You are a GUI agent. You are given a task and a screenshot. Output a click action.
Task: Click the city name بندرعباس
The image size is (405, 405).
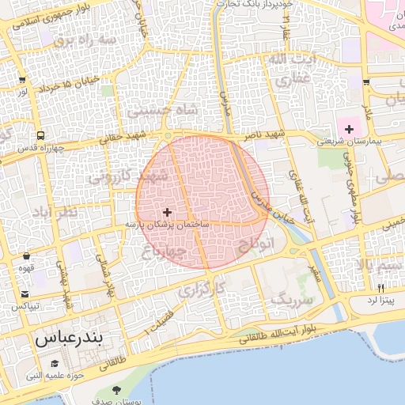70,341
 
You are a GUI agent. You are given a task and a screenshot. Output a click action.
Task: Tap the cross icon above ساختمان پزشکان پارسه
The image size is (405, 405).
167,212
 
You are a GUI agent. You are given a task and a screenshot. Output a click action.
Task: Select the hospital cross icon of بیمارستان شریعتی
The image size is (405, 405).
350,128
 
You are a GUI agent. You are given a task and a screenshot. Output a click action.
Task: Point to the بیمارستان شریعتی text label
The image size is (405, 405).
350,142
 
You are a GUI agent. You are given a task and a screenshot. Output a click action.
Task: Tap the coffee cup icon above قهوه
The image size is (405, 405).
28,256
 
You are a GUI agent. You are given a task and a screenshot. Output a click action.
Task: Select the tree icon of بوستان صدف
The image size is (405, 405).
117,389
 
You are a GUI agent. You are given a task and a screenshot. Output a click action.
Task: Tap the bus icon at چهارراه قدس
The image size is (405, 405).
40,136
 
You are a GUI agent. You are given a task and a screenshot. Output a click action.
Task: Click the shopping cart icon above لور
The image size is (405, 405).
21,80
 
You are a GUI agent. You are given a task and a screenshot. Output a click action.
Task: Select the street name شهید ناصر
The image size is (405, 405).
261,136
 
